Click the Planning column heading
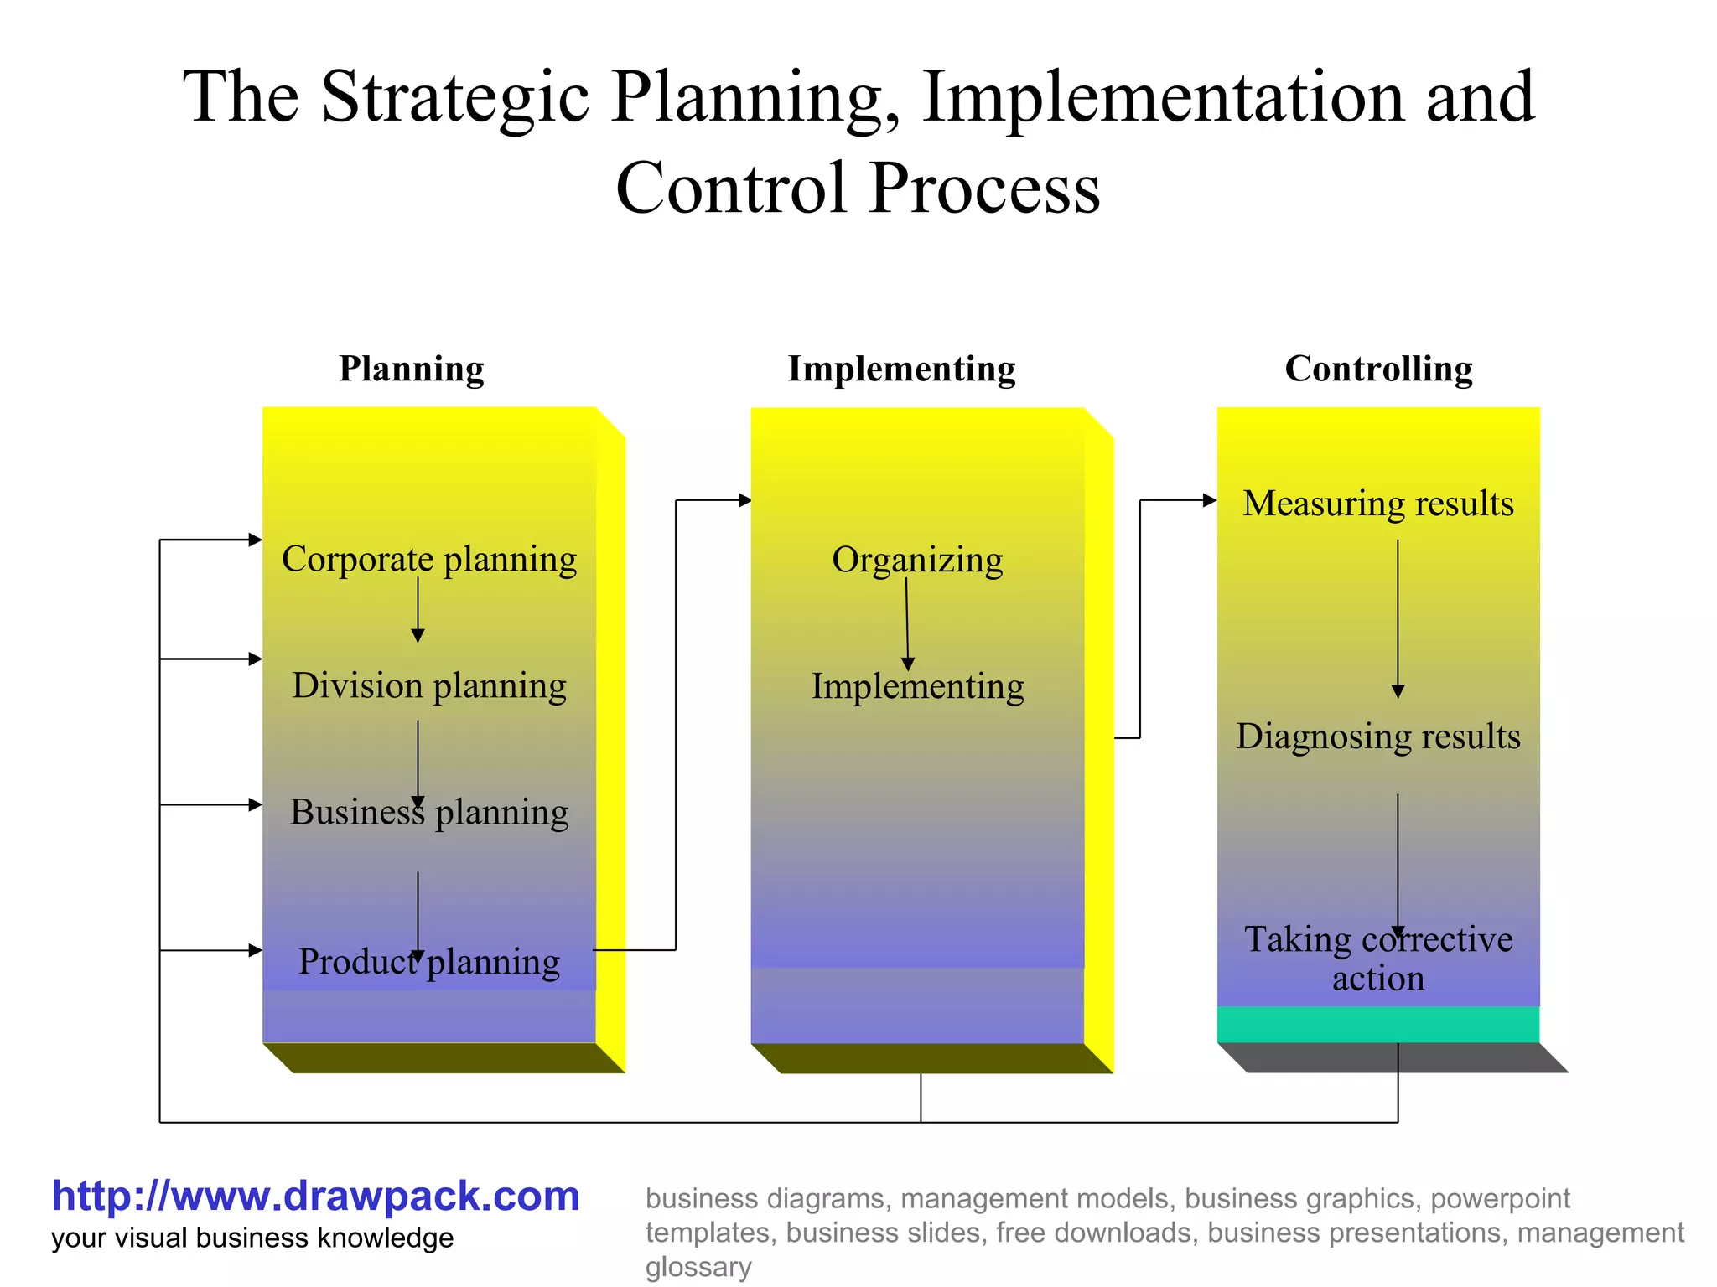pos(411,369)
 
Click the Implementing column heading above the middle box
pos(901,369)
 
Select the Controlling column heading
pos(1378,369)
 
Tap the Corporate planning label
pos(429,559)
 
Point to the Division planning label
pos(429,685)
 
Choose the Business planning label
pos(429,812)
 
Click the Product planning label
pos(429,962)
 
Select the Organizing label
pos(917,560)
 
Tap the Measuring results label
pos(1378,504)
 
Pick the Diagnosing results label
pos(1378,737)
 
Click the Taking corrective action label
pos(1378,959)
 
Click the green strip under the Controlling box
pos(1378,1024)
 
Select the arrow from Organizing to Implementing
pos(907,624)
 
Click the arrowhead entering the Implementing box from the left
pos(744,500)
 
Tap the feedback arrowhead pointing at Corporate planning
pos(256,540)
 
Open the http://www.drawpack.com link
pos(315,1197)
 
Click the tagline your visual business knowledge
pos(252,1238)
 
